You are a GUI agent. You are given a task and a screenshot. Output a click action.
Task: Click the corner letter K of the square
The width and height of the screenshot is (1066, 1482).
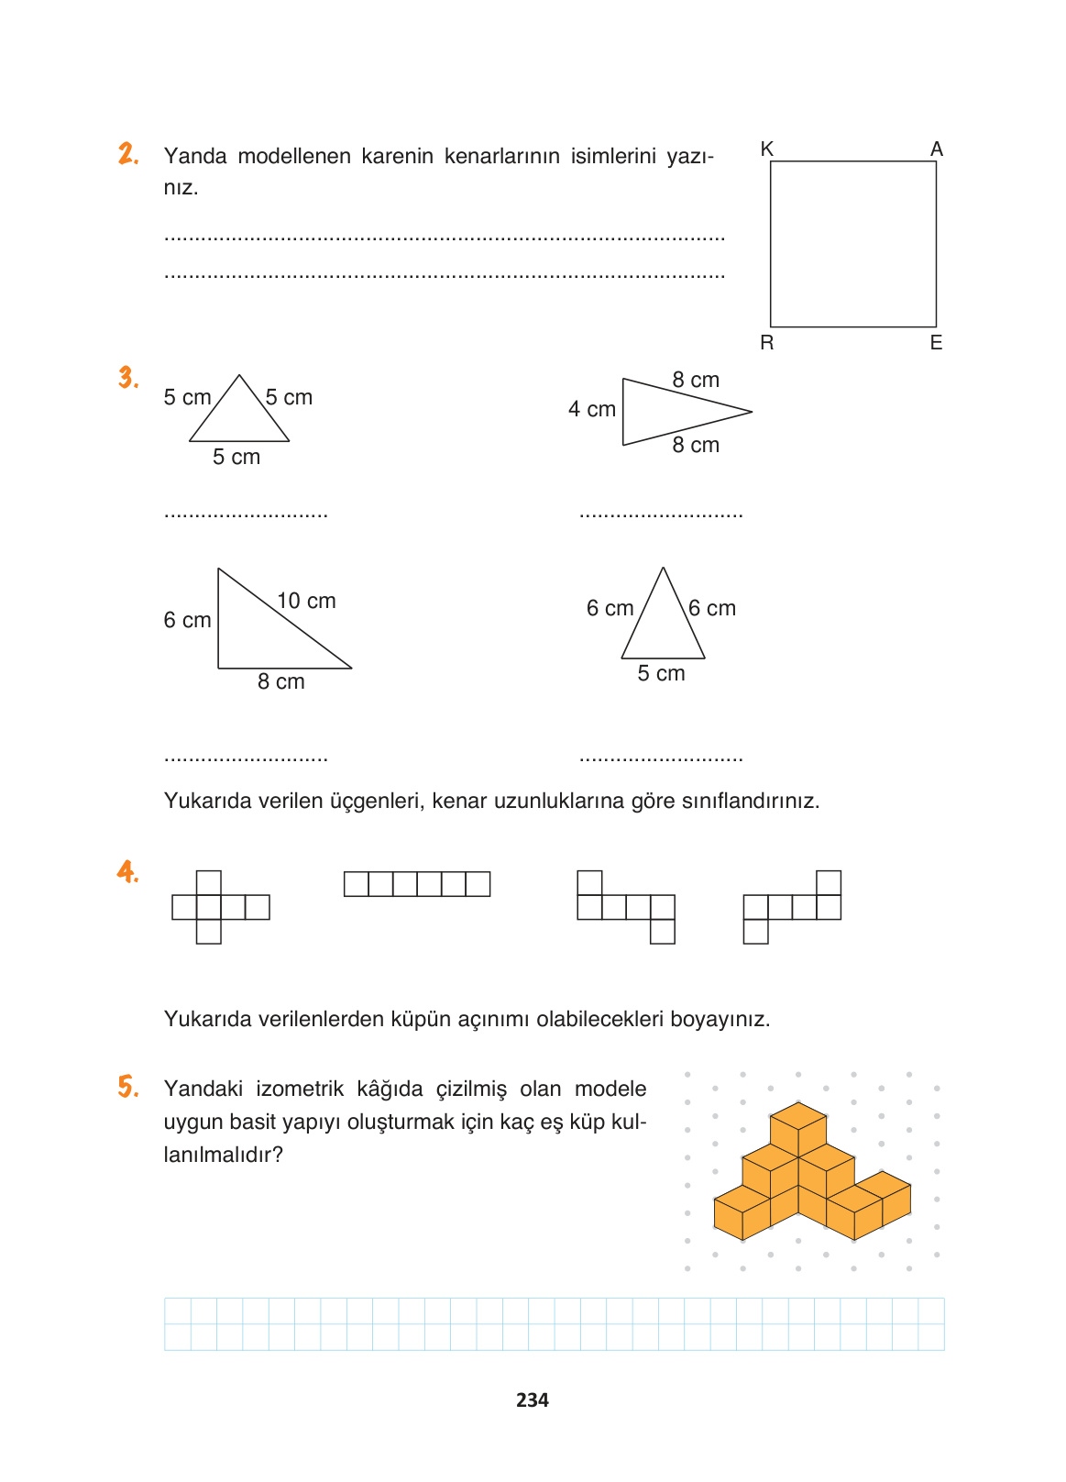click(x=767, y=149)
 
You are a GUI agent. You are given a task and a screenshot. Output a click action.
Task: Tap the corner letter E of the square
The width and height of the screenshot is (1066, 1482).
click(x=936, y=343)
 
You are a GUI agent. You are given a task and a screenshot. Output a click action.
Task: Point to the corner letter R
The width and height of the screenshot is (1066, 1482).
click(x=767, y=343)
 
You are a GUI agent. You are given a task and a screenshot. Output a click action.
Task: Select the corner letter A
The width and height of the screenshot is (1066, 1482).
click(x=936, y=149)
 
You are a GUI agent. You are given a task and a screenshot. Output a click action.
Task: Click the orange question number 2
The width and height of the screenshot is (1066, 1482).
click(x=128, y=154)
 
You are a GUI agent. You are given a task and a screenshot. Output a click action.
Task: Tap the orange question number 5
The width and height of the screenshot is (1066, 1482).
click(x=128, y=1088)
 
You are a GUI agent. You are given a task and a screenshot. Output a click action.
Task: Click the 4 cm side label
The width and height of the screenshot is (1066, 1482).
click(x=592, y=410)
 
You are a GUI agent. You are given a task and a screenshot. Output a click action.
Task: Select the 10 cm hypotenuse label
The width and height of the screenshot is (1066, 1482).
click(x=306, y=602)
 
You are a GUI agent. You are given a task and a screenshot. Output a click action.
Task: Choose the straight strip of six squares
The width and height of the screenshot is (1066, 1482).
click(x=417, y=884)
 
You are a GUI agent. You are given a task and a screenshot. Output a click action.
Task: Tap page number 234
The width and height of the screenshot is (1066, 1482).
click(x=533, y=1400)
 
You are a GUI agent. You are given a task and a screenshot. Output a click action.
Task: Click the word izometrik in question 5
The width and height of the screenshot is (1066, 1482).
click(x=299, y=1089)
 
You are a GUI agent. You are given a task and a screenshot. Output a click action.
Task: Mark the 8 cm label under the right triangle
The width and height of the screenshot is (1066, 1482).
click(x=280, y=682)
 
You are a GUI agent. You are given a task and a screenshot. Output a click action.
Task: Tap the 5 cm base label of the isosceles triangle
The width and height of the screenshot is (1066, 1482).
click(x=661, y=674)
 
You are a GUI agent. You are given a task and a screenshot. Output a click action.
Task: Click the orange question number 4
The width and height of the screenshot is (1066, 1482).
click(x=127, y=871)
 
